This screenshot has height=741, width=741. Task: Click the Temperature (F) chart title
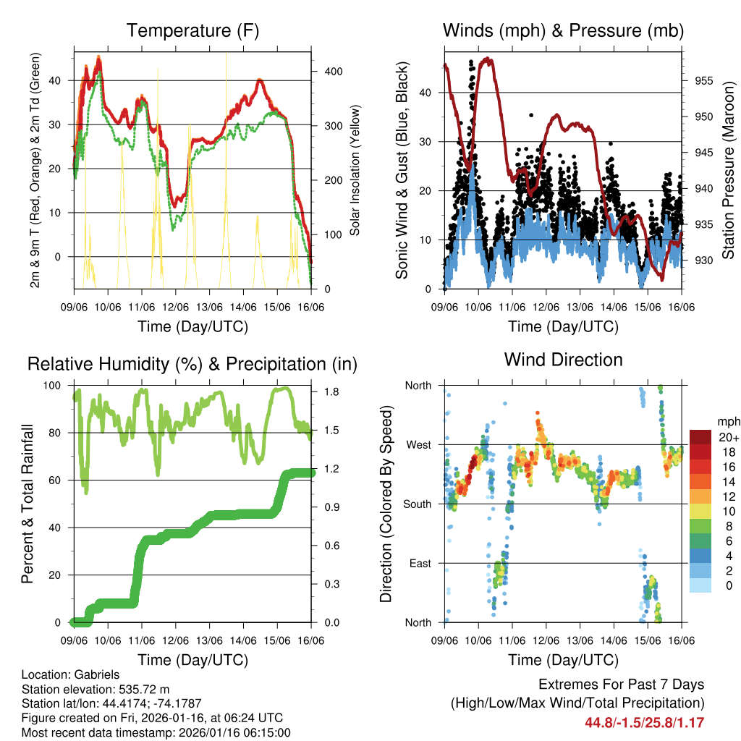tap(192, 30)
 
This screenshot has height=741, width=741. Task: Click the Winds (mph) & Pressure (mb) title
tap(564, 30)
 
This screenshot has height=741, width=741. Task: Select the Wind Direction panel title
tap(563, 360)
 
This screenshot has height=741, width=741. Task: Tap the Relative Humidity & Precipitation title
tap(192, 364)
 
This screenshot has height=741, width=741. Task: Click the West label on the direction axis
tap(418, 444)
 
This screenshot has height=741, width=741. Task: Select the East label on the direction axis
tap(420, 563)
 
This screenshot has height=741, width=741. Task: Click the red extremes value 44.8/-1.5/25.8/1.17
tap(644, 722)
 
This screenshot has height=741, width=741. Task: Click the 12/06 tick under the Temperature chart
tap(176, 307)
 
